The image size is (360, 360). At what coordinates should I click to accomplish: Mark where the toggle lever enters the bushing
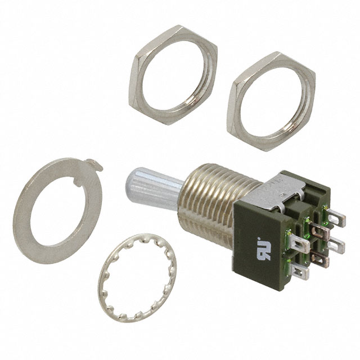[182, 186]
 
